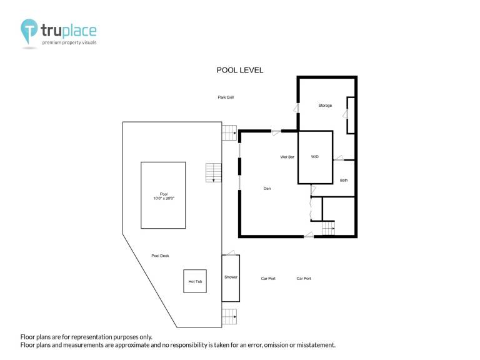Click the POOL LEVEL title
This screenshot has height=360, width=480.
point(240,70)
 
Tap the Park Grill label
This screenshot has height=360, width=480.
point(226,97)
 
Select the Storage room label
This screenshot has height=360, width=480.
point(325,105)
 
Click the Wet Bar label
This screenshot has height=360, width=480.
point(287,157)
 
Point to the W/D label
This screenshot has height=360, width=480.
point(315,157)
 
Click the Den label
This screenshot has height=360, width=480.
point(267,189)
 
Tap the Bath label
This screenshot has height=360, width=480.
point(344,180)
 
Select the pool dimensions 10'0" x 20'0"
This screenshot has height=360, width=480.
point(164,198)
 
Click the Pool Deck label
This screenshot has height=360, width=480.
point(160,256)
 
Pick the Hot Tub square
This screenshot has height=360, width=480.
point(195,270)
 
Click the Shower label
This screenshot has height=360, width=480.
point(231,277)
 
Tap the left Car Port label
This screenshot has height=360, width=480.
point(268,279)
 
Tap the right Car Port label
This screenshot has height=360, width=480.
point(304,279)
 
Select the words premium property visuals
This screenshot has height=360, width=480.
point(69,42)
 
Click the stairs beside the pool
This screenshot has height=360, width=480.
point(213,173)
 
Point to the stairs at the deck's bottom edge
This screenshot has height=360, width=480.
point(229,316)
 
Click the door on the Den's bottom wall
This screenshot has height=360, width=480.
point(309,235)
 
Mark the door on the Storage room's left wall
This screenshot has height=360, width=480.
point(296,108)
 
